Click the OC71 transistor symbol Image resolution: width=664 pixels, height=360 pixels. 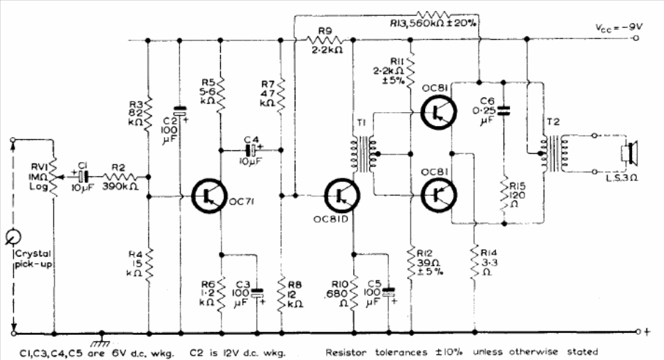click(x=209, y=197)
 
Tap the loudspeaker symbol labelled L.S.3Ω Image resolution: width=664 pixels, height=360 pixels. click(x=630, y=152)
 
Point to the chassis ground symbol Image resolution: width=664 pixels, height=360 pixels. click(x=102, y=336)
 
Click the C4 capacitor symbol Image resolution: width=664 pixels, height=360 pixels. click(x=249, y=149)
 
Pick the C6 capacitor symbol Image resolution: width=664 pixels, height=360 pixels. click(x=504, y=109)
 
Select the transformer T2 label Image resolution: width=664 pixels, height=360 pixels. click(x=553, y=122)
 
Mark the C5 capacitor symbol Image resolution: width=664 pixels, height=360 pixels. click(x=389, y=292)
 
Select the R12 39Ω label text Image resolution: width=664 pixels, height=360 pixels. click(x=424, y=262)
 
